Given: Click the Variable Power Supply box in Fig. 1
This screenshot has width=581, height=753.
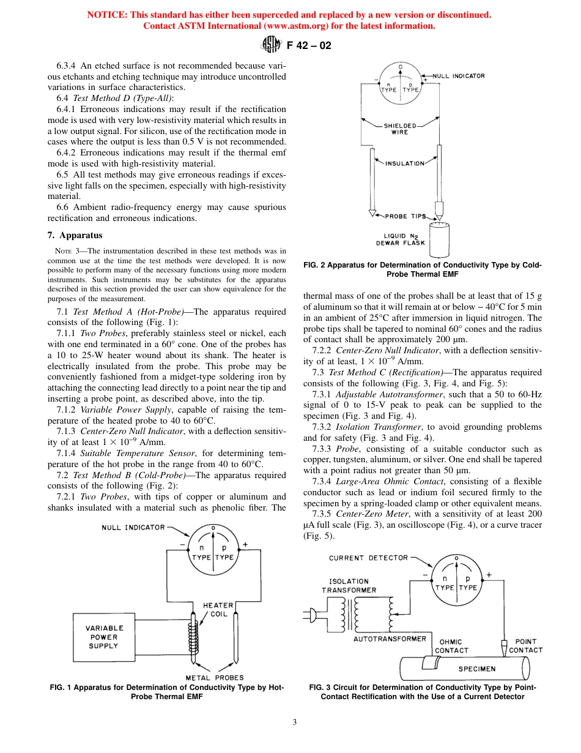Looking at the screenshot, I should pyautogui.click(x=105, y=637).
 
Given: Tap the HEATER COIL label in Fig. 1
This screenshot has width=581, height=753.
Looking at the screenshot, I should pyautogui.click(x=218, y=609).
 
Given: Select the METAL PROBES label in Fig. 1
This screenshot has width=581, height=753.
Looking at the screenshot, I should pyautogui.click(x=214, y=678).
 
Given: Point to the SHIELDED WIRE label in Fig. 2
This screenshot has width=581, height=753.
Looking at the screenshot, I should pyautogui.click(x=400, y=129).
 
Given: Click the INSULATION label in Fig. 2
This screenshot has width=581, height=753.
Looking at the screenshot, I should pyautogui.click(x=404, y=163).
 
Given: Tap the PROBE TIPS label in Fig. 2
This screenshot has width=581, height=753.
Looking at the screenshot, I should pyautogui.click(x=405, y=216).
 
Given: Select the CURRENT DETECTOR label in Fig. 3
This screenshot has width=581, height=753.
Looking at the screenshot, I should pyautogui.click(x=368, y=558).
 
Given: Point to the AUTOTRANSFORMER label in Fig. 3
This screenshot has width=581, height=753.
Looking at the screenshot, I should pyautogui.click(x=390, y=639).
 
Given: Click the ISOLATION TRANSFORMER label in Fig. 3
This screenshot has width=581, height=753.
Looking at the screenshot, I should pyautogui.click(x=349, y=586).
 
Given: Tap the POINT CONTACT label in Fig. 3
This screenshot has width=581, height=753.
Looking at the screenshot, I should pyautogui.click(x=525, y=646).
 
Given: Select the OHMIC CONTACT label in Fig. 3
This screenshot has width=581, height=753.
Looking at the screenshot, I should pyautogui.click(x=451, y=646).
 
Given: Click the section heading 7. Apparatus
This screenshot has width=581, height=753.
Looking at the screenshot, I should pyautogui.click(x=75, y=235).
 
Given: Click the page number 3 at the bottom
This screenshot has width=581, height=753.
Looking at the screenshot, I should pyautogui.click(x=294, y=722).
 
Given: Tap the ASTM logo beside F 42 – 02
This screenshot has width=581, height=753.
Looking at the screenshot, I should pyautogui.click(x=270, y=44).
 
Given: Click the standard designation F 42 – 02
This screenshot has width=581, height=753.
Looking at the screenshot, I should pyautogui.click(x=309, y=45).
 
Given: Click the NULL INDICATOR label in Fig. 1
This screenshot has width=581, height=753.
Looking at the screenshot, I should pyautogui.click(x=133, y=527).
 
